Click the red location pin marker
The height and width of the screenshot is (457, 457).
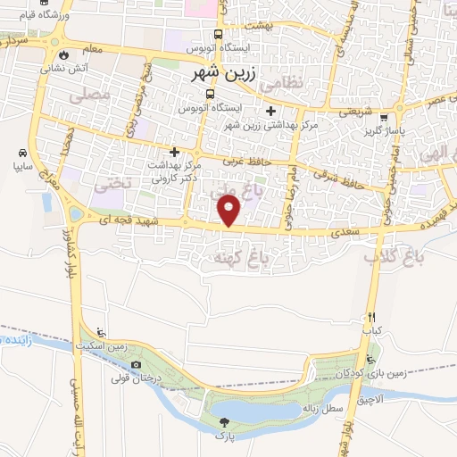[x=230, y=212]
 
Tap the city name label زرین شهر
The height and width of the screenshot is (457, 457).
[x=225, y=77]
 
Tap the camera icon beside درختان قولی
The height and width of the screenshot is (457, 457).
[x=136, y=364]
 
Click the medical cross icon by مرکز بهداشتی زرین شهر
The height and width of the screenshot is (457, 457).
[x=269, y=112]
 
